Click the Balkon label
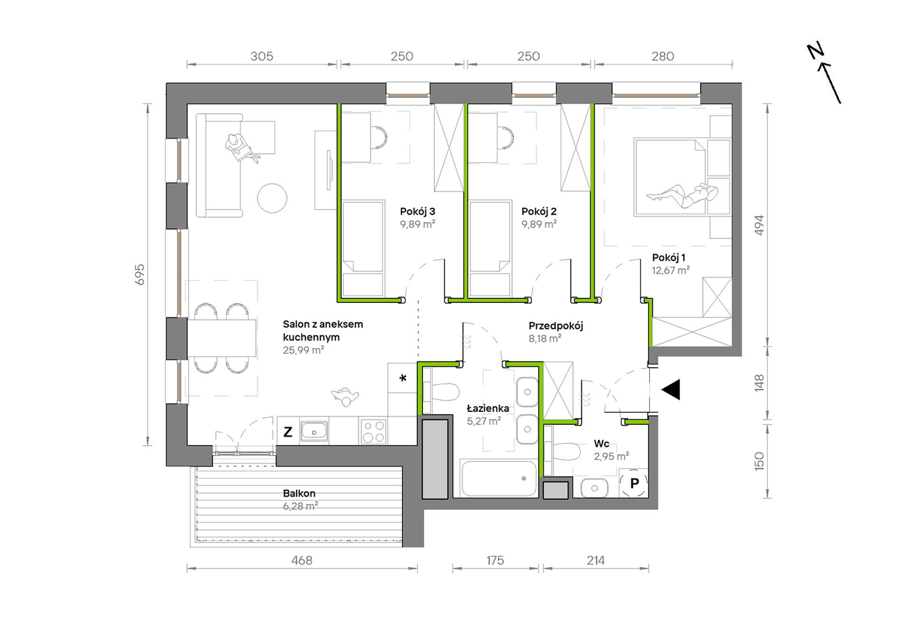(299, 494)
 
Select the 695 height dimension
(139, 275)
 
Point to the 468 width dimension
(302, 561)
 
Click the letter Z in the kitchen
(288, 432)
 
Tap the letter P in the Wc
(634, 484)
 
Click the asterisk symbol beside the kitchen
(403, 378)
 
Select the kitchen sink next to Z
(314, 431)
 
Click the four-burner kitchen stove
(374, 431)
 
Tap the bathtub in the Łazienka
(498, 478)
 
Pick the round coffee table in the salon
(272, 198)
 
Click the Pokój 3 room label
(417, 212)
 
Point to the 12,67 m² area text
(671, 271)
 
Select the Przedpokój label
(556, 326)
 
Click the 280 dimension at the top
(663, 57)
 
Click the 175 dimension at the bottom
(495, 561)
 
